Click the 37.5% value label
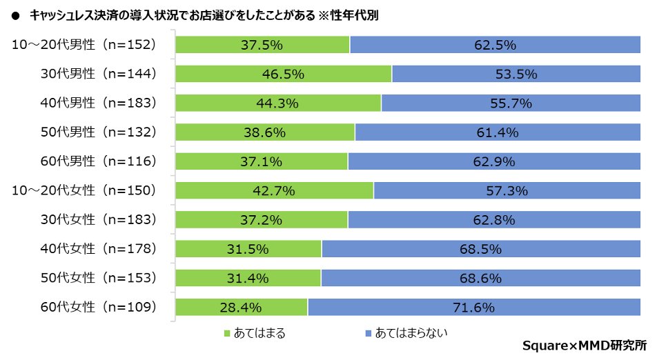pos(262,45)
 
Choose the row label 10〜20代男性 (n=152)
pos(85,45)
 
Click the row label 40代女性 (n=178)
pos(97,249)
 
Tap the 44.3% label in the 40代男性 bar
pos(277,103)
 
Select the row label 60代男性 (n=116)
pos(97,161)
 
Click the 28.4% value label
pos(241,308)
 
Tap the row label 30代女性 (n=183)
pos(97,220)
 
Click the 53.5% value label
pos(516,74)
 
